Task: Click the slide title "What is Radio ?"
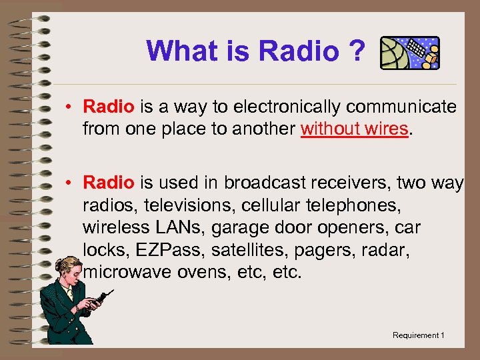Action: coord(256,51)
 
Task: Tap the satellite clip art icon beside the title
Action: coord(409,53)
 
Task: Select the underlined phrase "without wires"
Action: coord(353,129)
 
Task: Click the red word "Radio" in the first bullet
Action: coord(109,107)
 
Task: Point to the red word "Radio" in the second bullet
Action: coord(109,183)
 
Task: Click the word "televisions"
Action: coord(190,205)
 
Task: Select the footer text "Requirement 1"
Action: coord(418,335)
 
